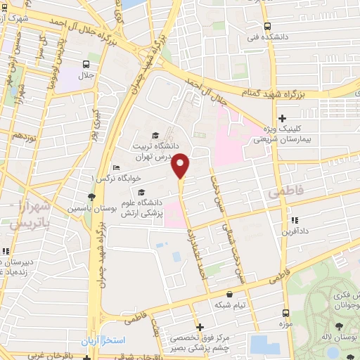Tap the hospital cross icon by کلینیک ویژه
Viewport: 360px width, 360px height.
(283, 119)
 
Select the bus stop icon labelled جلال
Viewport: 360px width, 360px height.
(85, 64)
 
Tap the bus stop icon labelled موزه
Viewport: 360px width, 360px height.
(285, 313)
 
